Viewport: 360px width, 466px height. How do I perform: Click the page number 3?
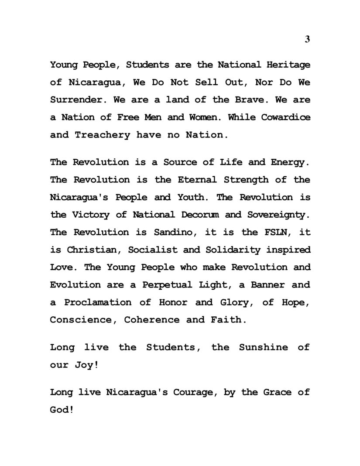[307, 39]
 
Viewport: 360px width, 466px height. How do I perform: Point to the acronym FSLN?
[263, 232]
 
